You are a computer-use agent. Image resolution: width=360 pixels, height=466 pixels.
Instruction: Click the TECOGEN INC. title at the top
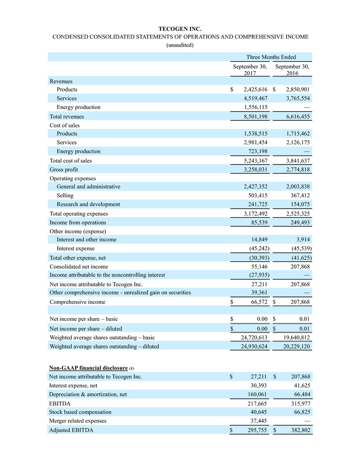coord(180,28)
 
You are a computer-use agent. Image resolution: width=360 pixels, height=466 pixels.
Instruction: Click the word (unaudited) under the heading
coord(180,45)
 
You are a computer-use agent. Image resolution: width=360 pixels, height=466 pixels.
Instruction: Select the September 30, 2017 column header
coord(250,70)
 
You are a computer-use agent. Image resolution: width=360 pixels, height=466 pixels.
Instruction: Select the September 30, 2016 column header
coord(292,70)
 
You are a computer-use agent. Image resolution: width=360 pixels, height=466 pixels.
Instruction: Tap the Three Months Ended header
coord(271,57)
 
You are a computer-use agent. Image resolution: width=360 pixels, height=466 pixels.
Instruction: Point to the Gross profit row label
coord(64,169)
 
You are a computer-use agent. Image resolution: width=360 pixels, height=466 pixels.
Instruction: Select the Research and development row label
coord(88,204)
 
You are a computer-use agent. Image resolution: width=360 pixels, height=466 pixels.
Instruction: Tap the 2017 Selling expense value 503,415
coord(255,196)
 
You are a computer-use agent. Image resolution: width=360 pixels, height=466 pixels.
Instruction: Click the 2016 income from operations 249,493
coord(298,222)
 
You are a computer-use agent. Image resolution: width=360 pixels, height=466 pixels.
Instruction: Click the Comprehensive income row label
coord(77,302)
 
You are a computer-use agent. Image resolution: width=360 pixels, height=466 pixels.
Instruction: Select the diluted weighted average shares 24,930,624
coord(251,346)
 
